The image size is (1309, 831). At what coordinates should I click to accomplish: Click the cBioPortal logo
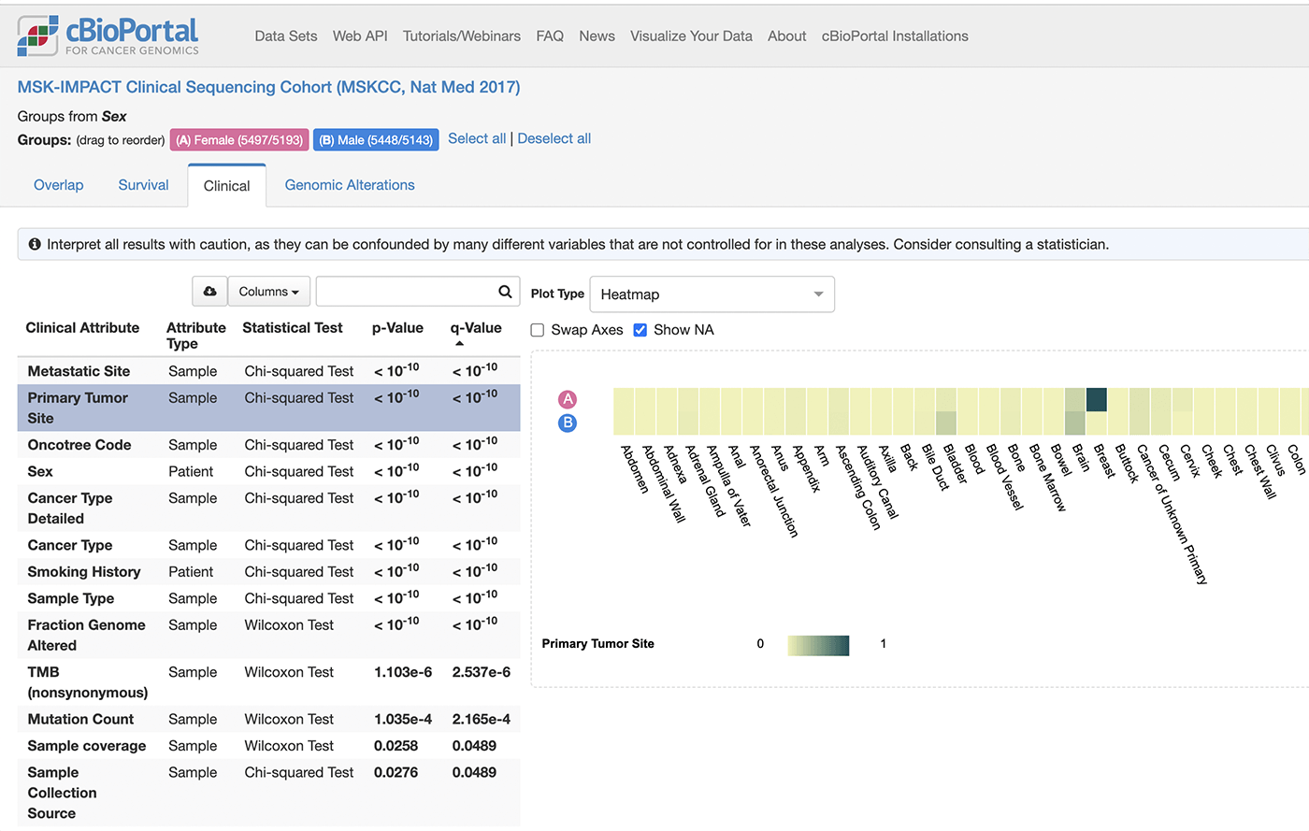108,36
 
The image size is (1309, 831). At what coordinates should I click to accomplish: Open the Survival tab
143,185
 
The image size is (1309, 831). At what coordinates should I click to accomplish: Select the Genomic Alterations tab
350,185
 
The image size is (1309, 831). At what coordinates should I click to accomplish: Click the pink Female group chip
239,140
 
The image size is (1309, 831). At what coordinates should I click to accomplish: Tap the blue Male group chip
376,140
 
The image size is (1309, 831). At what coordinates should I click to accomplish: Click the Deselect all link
554,138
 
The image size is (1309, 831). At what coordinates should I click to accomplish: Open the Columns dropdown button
269,291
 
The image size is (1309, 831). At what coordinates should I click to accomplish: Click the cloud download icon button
209,291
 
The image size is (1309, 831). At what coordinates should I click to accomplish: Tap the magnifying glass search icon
505,291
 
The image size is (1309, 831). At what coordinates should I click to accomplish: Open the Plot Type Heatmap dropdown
712,294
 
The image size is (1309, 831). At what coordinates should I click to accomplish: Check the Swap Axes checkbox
537,330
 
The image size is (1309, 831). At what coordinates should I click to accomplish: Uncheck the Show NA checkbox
640,330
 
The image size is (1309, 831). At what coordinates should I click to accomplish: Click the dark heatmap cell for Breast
1096,400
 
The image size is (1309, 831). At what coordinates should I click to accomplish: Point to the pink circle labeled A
567,399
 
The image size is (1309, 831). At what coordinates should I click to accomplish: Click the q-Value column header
476,327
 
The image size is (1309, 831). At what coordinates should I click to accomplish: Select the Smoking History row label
84,571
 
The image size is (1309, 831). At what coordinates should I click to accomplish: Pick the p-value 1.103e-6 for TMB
403,672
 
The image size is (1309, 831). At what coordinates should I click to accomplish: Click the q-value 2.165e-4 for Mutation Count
481,719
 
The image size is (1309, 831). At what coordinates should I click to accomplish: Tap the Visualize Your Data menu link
691,36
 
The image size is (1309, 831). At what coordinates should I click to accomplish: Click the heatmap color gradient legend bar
818,645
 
